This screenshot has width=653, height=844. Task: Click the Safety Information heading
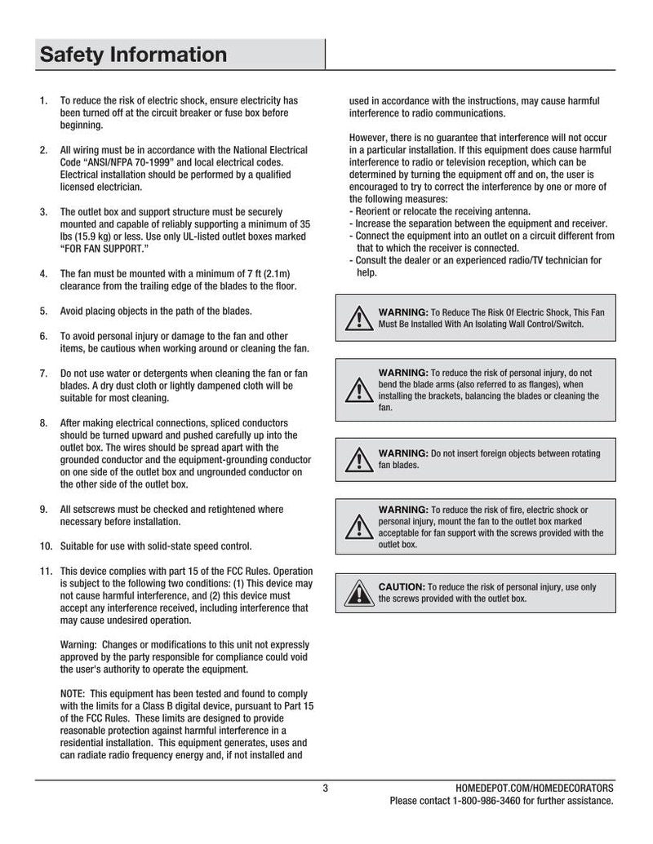tap(133, 55)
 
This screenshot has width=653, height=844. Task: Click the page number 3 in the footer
tap(325, 789)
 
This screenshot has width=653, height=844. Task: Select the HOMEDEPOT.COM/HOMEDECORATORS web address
tap(534, 789)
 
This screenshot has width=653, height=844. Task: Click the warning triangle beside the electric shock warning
tap(357, 318)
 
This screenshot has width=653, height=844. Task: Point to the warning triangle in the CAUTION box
tap(357, 592)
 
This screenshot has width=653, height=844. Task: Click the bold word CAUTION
tap(401, 586)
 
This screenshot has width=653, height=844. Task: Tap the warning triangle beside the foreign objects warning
tap(357, 459)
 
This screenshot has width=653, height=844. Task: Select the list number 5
tap(43, 311)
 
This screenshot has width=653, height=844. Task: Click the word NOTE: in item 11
tap(74, 692)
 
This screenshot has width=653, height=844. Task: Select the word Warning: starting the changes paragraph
tap(79, 644)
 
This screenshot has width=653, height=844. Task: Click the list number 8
tap(43, 422)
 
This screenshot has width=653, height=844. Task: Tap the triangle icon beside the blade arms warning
tap(357, 390)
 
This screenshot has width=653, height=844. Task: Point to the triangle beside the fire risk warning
tap(357, 527)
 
